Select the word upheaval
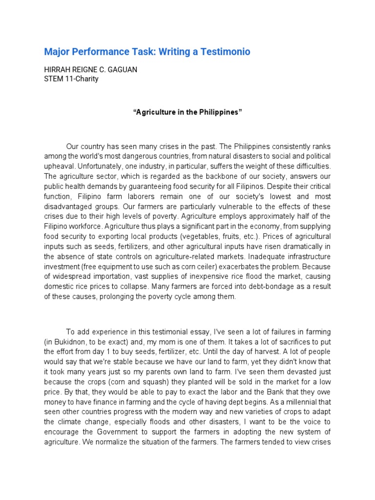click(x=59, y=166)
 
